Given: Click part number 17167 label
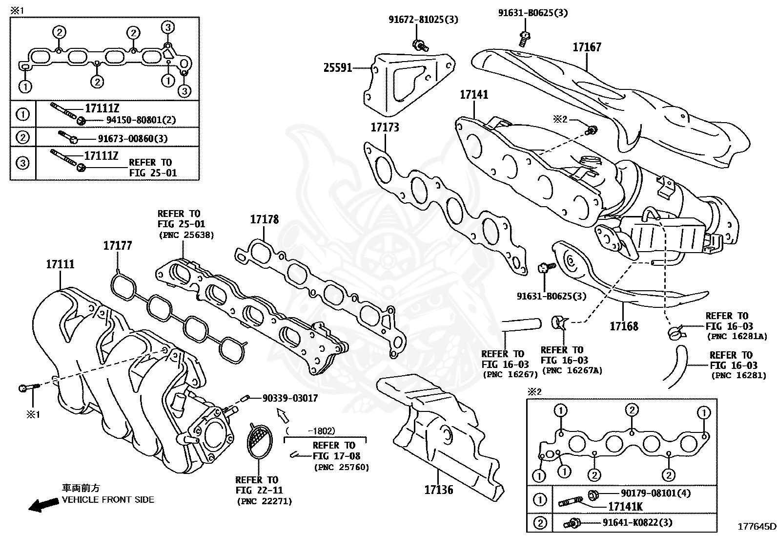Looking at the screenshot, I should click(x=587, y=47).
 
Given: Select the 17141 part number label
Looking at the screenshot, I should click(x=473, y=94).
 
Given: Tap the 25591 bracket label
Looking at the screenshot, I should click(x=338, y=68).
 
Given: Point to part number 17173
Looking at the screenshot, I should click(x=385, y=128).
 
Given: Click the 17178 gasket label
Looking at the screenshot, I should click(x=265, y=219).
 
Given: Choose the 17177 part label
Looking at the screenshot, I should click(x=117, y=245).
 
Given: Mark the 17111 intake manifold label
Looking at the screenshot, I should click(x=60, y=264).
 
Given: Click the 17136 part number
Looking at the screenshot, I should click(x=439, y=490).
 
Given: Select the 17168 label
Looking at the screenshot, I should click(x=624, y=326).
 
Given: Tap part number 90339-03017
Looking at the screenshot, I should click(x=290, y=398).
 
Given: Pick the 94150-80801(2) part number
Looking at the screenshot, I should click(x=135, y=120).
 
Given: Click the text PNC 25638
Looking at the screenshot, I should click(x=186, y=235).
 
